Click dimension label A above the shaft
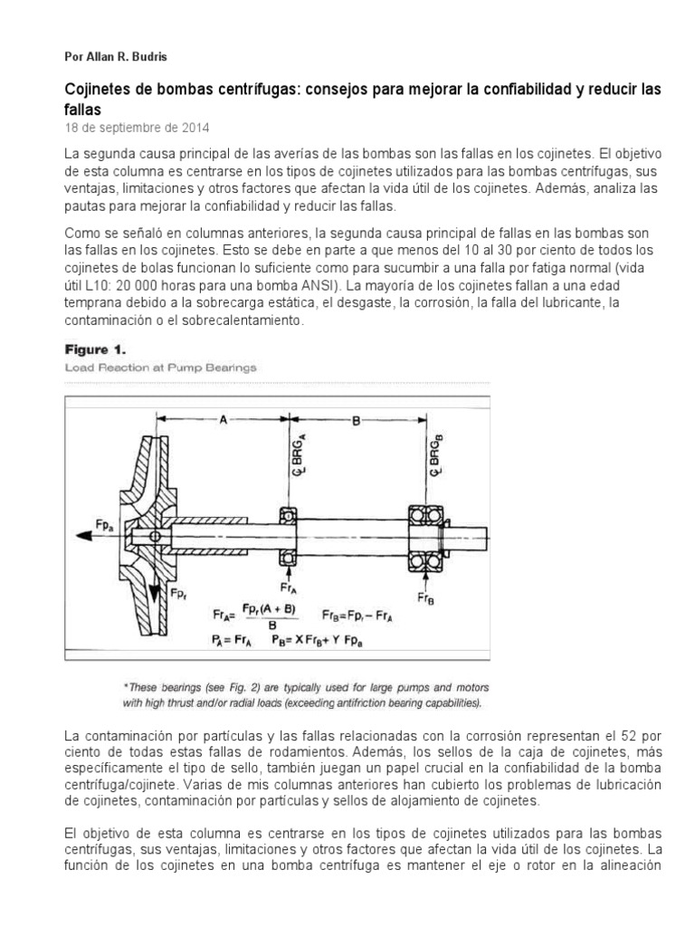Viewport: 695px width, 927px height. [x=223, y=419]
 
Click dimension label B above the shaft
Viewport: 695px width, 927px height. [x=355, y=419]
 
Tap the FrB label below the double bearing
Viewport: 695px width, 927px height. [x=424, y=597]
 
